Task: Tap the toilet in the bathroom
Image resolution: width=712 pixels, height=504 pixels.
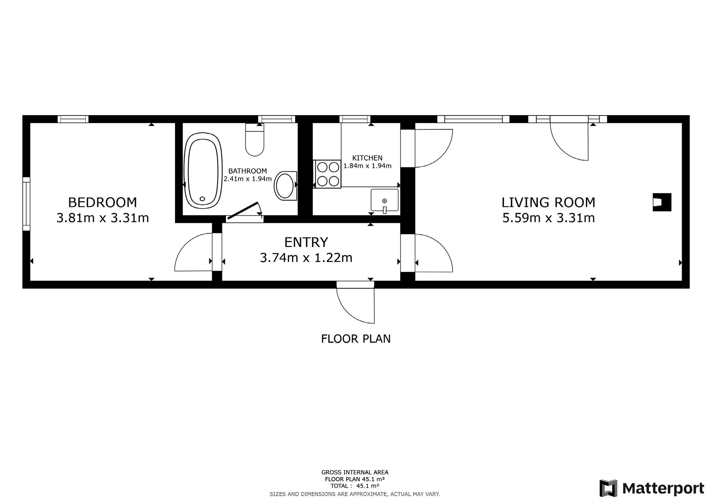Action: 255,140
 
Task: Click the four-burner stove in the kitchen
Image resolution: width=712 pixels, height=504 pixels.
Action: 327,174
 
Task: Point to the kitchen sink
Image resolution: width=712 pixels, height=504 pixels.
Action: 384,200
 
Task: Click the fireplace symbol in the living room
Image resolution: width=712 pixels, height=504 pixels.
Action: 662,202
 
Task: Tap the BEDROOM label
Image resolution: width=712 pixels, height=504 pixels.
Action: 103,202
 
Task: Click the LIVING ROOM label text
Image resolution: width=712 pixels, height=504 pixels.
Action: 548,202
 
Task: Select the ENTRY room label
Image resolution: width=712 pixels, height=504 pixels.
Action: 306,242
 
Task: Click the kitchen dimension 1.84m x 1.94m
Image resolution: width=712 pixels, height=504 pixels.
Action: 367,166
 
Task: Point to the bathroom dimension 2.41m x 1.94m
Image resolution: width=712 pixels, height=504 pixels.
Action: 248,179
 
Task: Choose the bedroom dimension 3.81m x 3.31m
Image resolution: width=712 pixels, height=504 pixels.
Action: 103,218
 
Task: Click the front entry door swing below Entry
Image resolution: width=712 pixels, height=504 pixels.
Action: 355,302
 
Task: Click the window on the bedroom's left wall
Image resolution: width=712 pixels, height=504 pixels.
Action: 26,204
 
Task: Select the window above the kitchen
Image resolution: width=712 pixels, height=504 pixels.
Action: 355,119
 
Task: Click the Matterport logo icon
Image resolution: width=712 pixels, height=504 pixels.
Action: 608,488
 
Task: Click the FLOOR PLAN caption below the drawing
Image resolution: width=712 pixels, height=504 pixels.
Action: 356,339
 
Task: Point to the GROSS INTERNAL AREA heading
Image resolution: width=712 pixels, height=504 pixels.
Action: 355,472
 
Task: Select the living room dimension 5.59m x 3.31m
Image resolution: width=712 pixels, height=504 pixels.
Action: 548,218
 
